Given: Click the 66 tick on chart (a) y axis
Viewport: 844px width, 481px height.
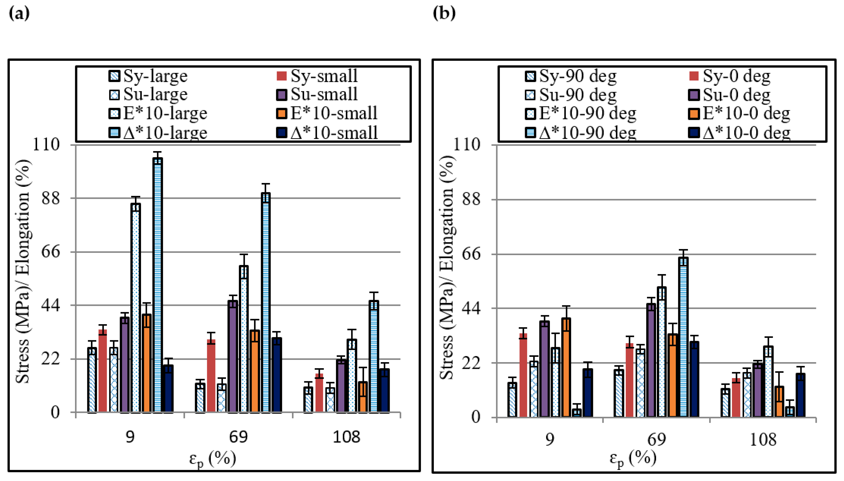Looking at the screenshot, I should tap(50, 252).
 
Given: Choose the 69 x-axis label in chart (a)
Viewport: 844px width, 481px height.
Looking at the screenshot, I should tap(238, 437).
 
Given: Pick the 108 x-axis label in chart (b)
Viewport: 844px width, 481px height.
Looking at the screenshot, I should tap(763, 439).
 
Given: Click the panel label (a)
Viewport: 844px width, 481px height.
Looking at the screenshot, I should tap(19, 13).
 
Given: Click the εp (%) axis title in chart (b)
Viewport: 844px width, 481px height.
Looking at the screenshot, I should tap(633, 459).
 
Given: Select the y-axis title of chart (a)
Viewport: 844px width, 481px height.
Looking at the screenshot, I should tap(22, 271).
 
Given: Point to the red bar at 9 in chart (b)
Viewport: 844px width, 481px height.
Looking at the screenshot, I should tap(523, 375).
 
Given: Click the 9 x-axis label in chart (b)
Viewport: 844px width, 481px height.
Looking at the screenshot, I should tap(549, 439).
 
